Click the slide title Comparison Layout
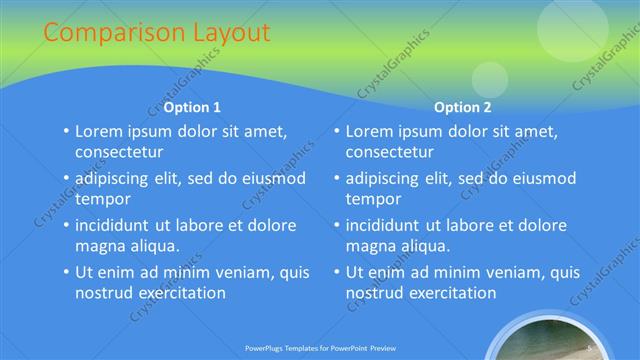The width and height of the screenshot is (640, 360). click(156, 32)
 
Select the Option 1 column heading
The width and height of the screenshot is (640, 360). click(192, 107)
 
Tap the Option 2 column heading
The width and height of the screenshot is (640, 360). click(463, 107)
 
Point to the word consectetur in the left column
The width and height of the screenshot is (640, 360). click(118, 152)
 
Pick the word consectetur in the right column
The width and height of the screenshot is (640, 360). click(389, 152)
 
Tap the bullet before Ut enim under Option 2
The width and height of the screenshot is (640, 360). click(337, 272)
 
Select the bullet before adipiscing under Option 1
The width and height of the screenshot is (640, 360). click(66, 178)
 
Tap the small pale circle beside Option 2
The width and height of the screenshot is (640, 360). click(490, 79)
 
